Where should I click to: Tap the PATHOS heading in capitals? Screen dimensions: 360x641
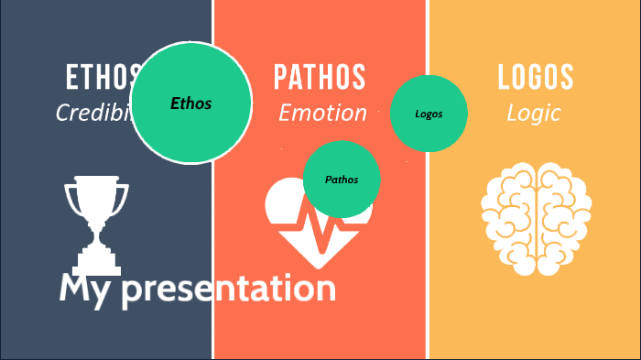(x=320, y=77)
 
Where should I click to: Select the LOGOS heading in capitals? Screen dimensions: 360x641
(x=536, y=77)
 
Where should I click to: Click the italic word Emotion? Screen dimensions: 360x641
(x=322, y=113)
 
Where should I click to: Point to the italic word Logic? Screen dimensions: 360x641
(x=534, y=113)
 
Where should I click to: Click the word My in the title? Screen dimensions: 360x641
(x=85, y=289)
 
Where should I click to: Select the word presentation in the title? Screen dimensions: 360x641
(x=229, y=289)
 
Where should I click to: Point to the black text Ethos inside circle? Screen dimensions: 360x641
(x=190, y=104)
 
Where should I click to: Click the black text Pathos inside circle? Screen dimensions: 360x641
(x=342, y=180)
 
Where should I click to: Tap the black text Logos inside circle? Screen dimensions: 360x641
(x=429, y=115)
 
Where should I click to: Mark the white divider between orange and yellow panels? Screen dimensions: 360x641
(x=428, y=275)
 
